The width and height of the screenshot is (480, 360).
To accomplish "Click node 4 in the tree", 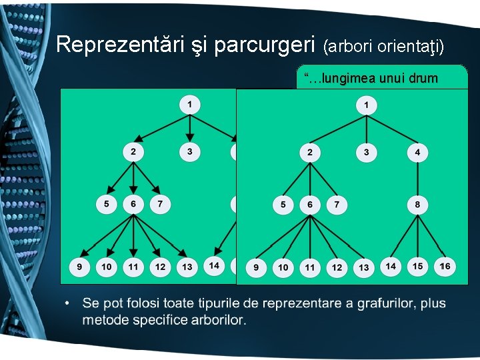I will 417,153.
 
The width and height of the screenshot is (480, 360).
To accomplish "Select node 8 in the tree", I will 417,205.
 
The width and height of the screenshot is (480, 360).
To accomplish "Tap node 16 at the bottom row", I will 445,267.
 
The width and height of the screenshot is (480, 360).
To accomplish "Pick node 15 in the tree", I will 417,267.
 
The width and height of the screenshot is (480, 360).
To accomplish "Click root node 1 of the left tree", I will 189,104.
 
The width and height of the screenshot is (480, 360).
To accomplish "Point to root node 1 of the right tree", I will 366,105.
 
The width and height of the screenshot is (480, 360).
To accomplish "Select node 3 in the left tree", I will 189,152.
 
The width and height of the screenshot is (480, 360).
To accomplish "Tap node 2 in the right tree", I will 309,153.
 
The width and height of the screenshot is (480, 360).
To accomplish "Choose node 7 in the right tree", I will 337,205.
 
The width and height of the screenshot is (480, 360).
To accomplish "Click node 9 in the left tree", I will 79,267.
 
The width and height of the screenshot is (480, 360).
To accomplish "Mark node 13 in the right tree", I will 363,268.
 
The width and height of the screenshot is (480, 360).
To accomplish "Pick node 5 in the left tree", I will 106,203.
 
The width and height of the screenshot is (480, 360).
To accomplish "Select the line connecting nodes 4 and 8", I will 417,179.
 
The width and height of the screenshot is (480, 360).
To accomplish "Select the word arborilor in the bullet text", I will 214,321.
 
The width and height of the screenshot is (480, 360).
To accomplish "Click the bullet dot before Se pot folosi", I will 69,305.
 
